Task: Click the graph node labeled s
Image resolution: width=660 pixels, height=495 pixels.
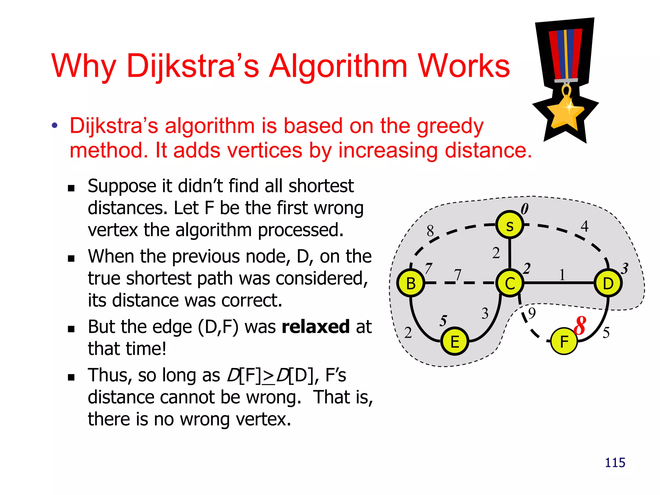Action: click(x=510, y=225)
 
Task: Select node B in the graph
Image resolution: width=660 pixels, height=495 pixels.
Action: click(x=411, y=283)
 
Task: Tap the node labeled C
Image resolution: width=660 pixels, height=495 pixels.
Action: click(x=510, y=283)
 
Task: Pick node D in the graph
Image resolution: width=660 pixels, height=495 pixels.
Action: click(x=608, y=283)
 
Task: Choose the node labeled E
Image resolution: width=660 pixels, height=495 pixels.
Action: click(x=455, y=341)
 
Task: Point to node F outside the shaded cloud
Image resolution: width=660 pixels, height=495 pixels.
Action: click(x=564, y=341)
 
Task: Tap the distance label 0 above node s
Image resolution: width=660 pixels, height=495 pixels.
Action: click(x=525, y=209)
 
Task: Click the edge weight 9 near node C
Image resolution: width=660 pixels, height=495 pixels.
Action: click(x=532, y=313)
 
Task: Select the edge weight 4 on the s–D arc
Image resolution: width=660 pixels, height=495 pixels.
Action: click(x=585, y=226)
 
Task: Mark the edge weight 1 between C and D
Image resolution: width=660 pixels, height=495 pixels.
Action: click(x=562, y=275)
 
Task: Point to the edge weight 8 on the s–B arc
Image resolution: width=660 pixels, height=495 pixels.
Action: click(x=430, y=231)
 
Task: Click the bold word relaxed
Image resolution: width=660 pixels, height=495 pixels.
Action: click(x=315, y=327)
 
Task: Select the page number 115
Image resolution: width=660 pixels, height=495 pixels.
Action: click(x=615, y=462)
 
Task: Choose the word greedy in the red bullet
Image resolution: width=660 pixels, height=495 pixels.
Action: click(x=450, y=126)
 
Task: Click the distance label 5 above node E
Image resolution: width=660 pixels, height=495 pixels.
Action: click(x=443, y=321)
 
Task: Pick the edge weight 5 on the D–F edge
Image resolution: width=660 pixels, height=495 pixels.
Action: click(x=606, y=332)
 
